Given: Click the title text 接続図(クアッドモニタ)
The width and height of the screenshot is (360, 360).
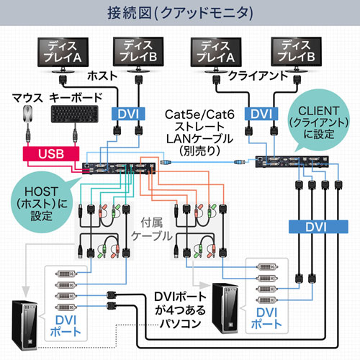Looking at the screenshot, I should pos(180,12).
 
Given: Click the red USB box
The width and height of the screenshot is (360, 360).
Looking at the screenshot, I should pos(51,153).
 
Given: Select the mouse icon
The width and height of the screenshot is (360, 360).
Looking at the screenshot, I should pos(27,114).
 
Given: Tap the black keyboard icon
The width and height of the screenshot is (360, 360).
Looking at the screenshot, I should pos(74,114).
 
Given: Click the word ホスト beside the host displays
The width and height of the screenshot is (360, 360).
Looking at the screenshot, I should pos(102,75).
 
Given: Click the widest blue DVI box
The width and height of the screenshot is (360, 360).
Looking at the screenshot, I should pos(314,227).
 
